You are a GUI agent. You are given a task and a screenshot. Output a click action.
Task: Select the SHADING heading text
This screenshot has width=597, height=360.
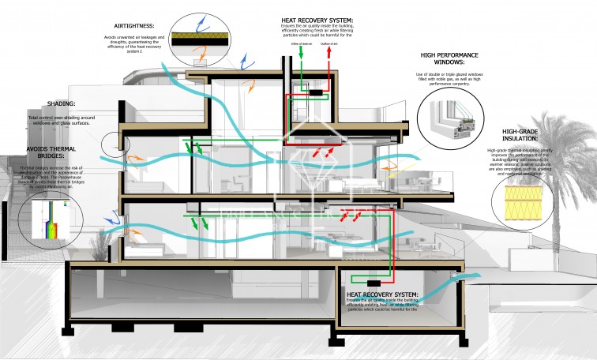click(x=61, y=103)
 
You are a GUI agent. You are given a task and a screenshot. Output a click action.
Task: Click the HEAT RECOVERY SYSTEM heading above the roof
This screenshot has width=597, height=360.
click(x=317, y=20)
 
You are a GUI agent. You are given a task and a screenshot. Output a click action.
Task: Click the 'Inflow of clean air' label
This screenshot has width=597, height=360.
click(x=301, y=43)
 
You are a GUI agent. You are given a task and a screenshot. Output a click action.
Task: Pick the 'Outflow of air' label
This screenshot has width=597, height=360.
click(x=332, y=43)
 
